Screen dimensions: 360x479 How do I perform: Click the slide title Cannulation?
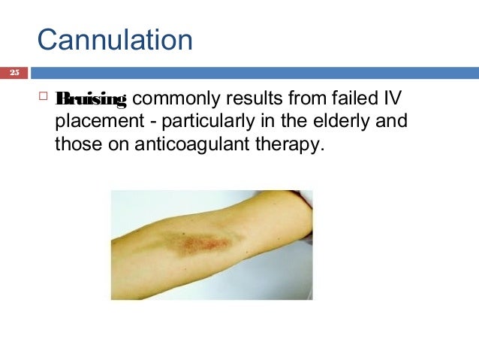(115, 39)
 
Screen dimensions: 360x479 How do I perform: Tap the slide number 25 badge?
(14, 73)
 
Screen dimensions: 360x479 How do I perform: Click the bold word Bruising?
(94, 98)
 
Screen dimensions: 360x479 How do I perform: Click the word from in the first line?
(299, 98)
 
